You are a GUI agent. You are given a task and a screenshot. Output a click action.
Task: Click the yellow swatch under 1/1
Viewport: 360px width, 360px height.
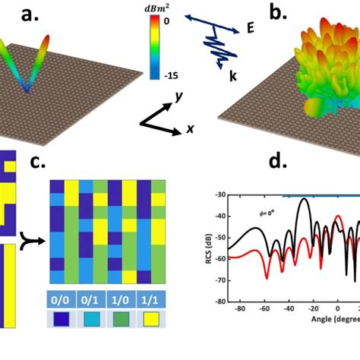[149, 320]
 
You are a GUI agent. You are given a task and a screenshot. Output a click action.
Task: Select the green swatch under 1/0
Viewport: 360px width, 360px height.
[119, 320]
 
